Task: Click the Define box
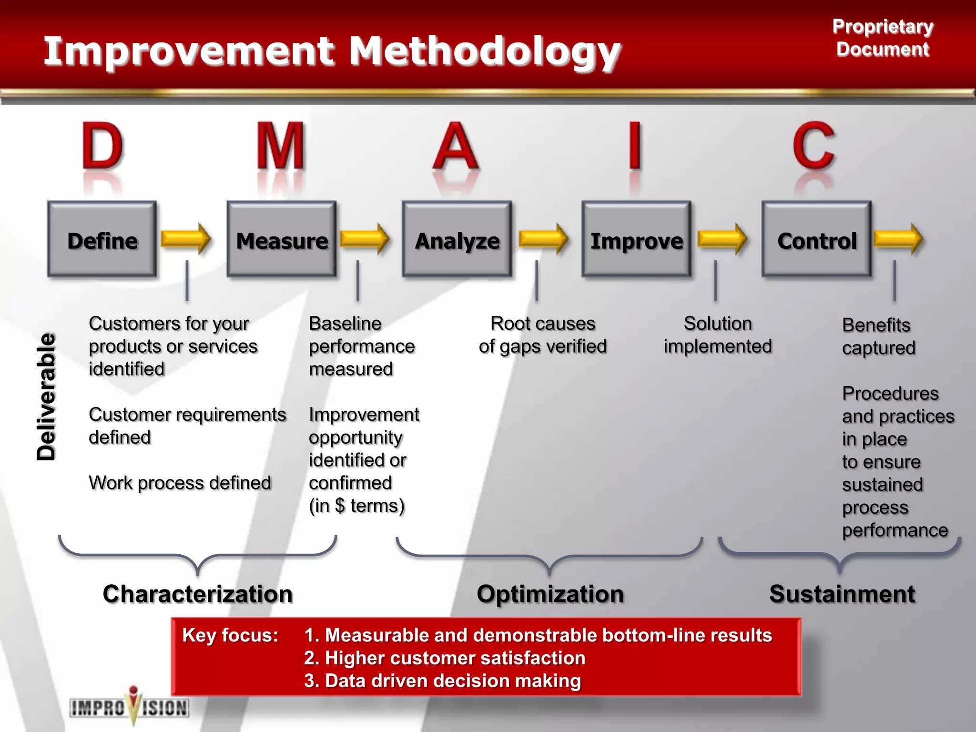102,240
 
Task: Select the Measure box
282,240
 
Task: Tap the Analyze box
457,240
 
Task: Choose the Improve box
636,240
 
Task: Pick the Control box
816,240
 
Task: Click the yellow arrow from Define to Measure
186,238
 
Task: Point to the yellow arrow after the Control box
899,238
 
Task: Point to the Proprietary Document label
883,38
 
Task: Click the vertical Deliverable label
47,396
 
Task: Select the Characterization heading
197,594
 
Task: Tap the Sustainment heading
842,594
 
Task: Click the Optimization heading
550,594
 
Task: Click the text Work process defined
180,483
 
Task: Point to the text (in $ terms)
356,506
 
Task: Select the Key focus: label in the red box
230,635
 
